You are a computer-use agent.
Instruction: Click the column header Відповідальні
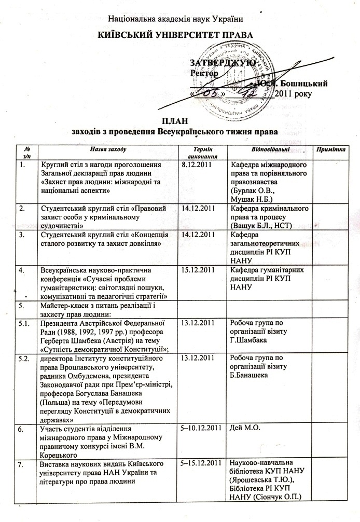pyautogui.click(x=267, y=149)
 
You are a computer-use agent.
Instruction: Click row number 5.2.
pyautogui.click(x=24, y=358)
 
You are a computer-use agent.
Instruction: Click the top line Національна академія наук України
pyautogui.click(x=175, y=20)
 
